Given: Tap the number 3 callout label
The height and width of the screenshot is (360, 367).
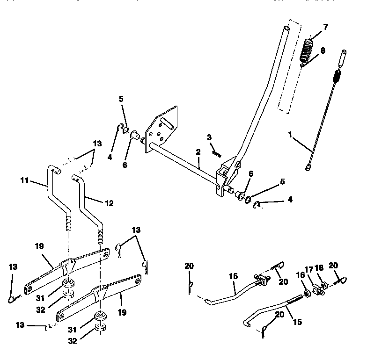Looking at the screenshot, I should pos(209,137).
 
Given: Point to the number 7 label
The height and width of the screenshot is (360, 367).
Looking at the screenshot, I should pos(325,27).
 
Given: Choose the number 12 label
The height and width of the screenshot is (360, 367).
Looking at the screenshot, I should pos(109,203).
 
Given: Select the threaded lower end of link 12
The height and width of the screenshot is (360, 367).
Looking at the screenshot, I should pos(100,233).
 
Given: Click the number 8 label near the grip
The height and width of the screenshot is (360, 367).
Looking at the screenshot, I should pos(323,50).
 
